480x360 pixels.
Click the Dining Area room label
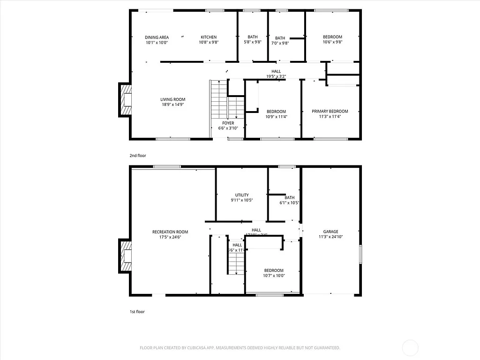click(x=157, y=37)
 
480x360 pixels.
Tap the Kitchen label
click(x=209, y=37)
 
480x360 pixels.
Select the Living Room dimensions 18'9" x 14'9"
click(x=173, y=105)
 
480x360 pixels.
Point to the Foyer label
click(x=228, y=123)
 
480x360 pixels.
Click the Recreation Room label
click(x=170, y=232)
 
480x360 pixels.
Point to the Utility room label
click(x=242, y=195)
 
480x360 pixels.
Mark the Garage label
click(x=330, y=232)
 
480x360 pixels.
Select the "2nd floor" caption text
click(x=138, y=155)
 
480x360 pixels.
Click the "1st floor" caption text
click(x=137, y=311)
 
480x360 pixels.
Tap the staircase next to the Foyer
click(x=218, y=99)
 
